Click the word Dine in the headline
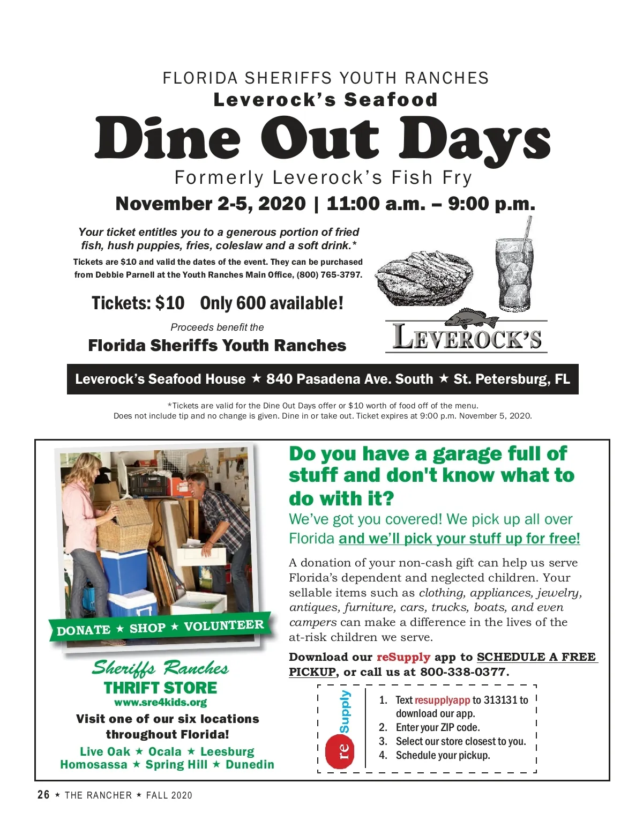(x=168, y=138)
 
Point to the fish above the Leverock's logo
(x=472, y=318)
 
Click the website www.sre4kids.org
(x=160, y=702)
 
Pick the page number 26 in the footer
(x=43, y=795)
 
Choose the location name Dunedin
(x=250, y=765)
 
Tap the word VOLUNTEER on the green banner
(x=223, y=625)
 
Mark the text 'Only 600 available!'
(x=272, y=303)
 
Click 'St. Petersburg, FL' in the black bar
(x=512, y=379)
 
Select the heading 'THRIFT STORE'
(x=160, y=688)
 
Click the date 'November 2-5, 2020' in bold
(x=211, y=204)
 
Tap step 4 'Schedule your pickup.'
(x=443, y=755)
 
